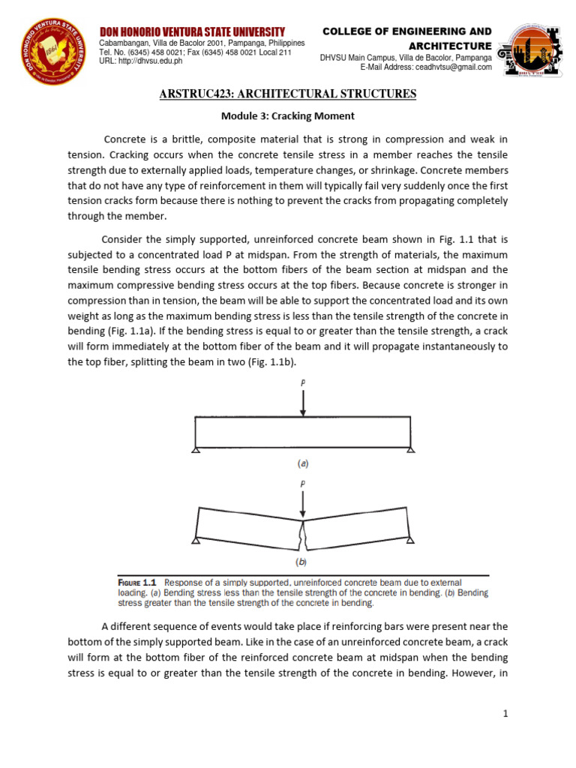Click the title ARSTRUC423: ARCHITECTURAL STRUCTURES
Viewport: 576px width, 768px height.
(288, 94)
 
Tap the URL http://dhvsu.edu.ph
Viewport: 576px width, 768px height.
(141, 61)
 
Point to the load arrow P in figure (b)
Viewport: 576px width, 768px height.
(302, 506)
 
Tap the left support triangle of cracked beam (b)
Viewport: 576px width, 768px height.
(196, 540)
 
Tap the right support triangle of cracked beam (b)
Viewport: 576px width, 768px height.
(409, 540)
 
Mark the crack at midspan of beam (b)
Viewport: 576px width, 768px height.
(302, 534)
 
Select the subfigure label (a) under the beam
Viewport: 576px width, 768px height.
(302, 463)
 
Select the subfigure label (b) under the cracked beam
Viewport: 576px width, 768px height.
(302, 560)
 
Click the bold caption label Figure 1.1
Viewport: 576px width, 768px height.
(138, 582)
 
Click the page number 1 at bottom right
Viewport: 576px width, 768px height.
(506, 714)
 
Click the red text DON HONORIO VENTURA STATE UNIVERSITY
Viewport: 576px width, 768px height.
(193, 31)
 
